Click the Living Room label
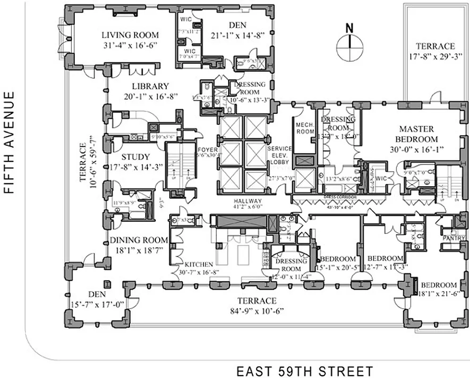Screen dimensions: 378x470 click(130, 35)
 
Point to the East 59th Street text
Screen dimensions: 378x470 click(305, 371)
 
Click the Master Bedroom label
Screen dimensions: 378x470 click(418, 134)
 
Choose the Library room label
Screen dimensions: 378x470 click(150, 86)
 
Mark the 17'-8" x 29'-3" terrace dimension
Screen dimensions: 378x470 click(435, 56)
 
